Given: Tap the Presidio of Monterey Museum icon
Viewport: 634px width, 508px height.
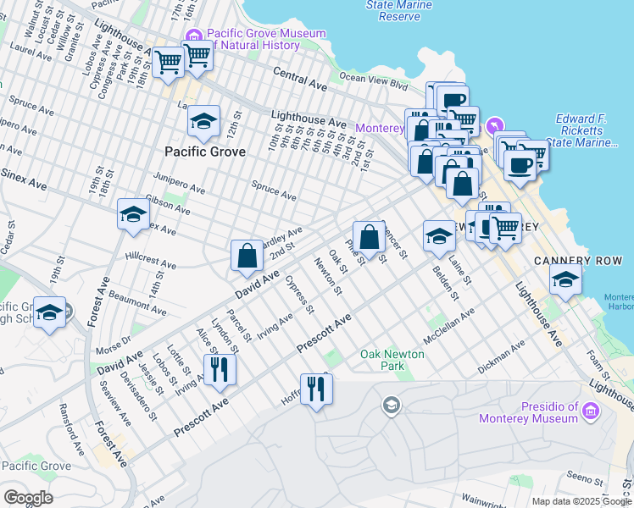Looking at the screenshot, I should (591, 412).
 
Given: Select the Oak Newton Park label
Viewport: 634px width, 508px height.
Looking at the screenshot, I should (392, 360).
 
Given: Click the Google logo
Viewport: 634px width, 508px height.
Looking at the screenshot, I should (28, 497).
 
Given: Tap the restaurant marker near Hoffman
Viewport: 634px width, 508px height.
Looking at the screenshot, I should (316, 389).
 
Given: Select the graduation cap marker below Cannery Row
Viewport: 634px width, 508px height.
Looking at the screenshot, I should (565, 279).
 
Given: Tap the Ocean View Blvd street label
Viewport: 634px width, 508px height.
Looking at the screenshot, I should (373, 81).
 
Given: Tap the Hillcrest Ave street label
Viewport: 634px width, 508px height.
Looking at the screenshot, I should (150, 260).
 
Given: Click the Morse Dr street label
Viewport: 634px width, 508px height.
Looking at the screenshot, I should (114, 346).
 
